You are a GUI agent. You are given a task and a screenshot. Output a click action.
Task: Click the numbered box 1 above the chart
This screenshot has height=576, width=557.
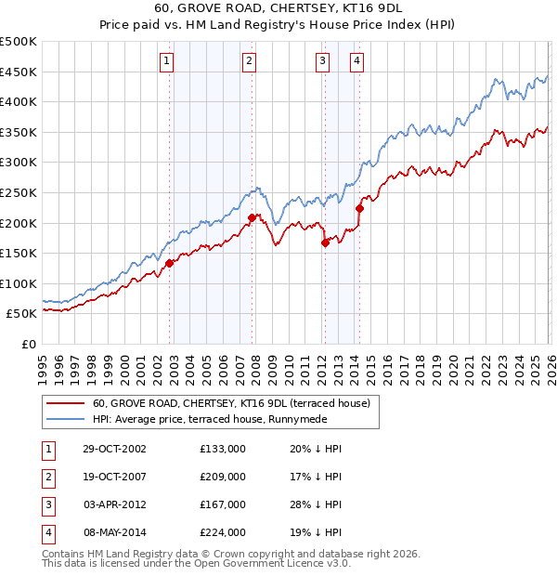coord(166,62)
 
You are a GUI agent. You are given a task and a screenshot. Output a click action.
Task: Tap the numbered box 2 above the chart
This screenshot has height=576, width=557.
coord(249,62)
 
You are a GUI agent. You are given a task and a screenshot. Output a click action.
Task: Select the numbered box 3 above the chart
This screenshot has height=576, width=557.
coord(322,62)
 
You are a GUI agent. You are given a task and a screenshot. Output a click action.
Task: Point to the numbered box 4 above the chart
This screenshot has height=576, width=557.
coord(356,62)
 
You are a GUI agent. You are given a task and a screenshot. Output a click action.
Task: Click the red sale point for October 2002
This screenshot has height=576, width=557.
coord(170,263)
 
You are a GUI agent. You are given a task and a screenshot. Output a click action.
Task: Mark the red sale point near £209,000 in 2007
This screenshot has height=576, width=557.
coord(252,217)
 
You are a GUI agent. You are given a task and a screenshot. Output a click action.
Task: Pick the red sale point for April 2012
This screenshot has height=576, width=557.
coord(325,242)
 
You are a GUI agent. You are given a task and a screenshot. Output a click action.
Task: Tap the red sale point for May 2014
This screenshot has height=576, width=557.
coord(359,208)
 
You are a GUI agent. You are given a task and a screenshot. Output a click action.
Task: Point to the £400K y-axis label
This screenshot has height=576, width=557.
coord(19,102)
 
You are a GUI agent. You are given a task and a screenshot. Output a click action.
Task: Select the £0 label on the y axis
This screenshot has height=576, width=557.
coord(28,344)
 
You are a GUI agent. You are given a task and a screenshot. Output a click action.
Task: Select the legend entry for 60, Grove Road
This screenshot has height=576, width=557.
coord(231,403)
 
